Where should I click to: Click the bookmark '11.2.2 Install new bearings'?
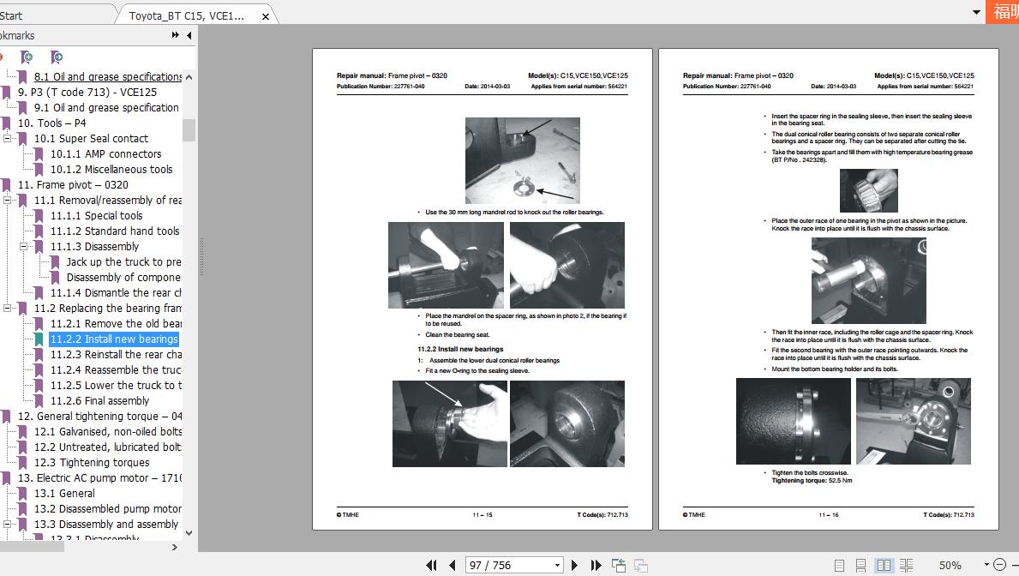tap(113, 339)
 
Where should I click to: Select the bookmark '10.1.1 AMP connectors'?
tap(105, 154)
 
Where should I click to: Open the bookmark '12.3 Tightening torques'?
tap(92, 463)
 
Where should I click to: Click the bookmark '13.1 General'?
tap(64, 494)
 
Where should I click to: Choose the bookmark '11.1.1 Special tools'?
tap(96, 216)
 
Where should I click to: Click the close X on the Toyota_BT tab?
tap(266, 16)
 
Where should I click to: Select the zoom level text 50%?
tap(950, 566)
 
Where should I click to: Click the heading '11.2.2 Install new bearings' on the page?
tap(460, 350)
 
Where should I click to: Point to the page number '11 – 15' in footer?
tap(482, 515)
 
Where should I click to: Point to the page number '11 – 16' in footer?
tap(828, 515)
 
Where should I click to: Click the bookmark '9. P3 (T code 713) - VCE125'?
tap(87, 93)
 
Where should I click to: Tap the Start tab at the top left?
tap(12, 15)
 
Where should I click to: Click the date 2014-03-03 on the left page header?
tap(487, 87)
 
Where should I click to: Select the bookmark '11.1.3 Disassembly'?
tap(94, 247)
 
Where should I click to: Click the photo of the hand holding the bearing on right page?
tap(868, 190)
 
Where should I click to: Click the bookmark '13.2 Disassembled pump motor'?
tap(107, 509)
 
